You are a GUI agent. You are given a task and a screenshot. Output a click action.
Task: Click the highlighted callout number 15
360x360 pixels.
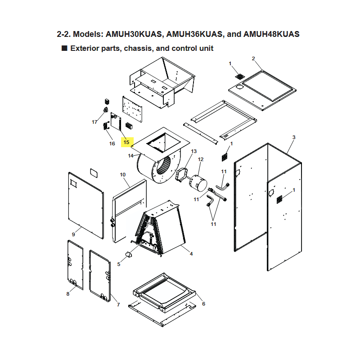pos(126,142)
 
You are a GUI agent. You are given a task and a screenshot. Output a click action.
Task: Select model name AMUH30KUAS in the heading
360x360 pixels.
pos(134,34)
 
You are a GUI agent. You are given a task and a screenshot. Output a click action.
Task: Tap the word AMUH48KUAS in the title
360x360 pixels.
pos(271,34)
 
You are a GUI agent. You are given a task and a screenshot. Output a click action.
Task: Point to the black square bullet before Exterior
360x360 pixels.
pos(64,48)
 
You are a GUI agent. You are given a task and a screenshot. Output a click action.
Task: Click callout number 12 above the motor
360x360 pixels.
pos(201,159)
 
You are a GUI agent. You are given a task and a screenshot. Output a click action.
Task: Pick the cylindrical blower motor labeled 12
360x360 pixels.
pos(198,184)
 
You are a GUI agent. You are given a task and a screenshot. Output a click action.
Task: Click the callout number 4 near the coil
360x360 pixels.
pos(191,254)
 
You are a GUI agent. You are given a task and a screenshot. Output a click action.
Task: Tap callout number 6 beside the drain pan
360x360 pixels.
pos(203,304)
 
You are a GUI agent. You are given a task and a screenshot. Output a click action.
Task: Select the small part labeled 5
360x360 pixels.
pos(128,255)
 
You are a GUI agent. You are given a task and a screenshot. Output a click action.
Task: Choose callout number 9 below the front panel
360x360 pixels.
pos(73,234)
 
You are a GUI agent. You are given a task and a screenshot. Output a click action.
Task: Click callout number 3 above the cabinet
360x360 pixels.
pos(294,137)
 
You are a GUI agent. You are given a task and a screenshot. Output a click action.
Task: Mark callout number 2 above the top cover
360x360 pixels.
pos(253,58)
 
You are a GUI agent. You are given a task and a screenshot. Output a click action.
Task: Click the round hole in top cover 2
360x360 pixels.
pos(239,87)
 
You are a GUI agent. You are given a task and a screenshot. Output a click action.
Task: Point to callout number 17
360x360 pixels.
pos(94,122)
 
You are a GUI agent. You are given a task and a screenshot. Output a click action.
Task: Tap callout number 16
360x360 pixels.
pos(112,144)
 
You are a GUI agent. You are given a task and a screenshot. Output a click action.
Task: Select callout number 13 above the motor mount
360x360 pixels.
pos(194,151)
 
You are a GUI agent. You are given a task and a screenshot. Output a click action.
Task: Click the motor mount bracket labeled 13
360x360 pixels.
pos(181,175)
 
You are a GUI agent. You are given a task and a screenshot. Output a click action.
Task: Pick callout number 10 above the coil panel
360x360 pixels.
pos(122,175)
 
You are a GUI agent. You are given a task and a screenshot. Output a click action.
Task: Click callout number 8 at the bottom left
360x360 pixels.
pos(68,294)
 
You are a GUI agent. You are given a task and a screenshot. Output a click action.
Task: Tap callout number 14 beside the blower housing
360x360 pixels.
pos(130,156)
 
